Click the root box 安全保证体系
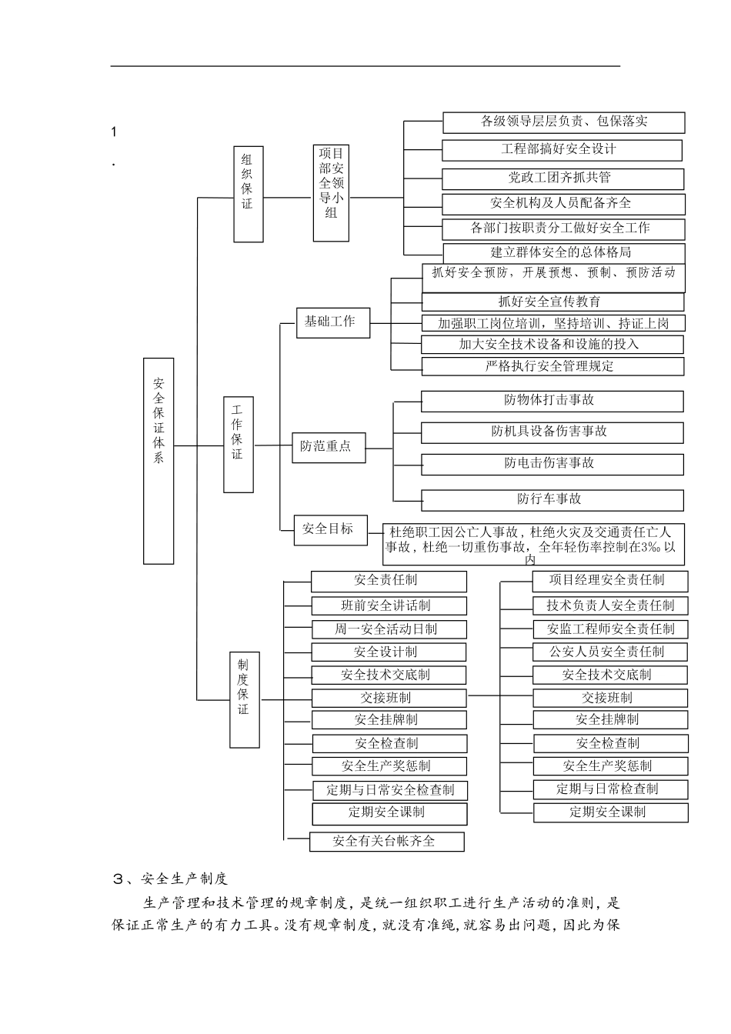(x=159, y=461)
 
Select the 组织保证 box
(x=248, y=193)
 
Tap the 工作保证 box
(x=239, y=445)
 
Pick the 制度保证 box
(x=245, y=699)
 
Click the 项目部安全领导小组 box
(x=332, y=193)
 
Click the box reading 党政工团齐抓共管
(x=562, y=178)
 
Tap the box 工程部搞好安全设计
(x=562, y=149)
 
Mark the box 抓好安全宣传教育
(x=552, y=302)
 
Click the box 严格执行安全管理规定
(x=552, y=366)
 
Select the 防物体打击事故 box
(x=552, y=401)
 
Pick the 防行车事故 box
(x=552, y=499)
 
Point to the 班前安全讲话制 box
(x=389, y=605)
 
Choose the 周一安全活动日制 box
(x=389, y=629)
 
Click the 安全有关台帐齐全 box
(x=386, y=841)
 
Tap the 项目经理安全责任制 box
(x=609, y=581)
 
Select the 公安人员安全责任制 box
(x=609, y=652)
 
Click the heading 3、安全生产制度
(x=170, y=879)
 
